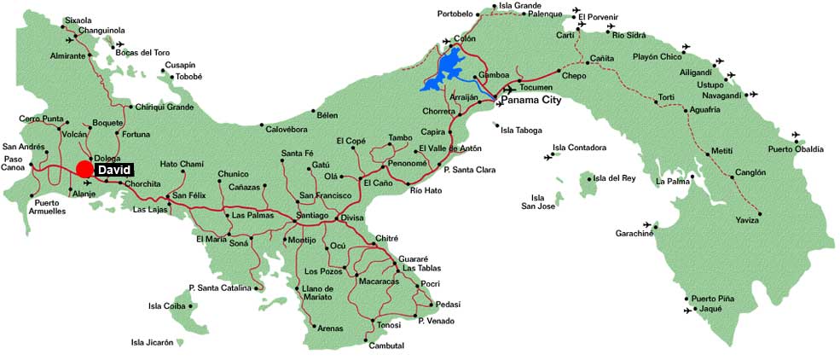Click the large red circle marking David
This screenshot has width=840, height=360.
pos(84,169)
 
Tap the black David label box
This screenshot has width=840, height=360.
pos(113,170)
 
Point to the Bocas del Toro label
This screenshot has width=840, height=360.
pos(151,53)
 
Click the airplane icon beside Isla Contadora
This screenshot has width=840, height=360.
pos(547,157)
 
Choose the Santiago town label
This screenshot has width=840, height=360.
pos(312,216)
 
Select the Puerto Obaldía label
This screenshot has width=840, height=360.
pos(796,149)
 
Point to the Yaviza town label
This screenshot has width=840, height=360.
pos(747,220)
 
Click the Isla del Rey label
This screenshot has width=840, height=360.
pos(615,178)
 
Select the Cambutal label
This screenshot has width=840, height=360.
pos(386,345)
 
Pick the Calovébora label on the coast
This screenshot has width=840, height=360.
pos(286,130)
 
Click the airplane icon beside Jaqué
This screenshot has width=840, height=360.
pos(687,311)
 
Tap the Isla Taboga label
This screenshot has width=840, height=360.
pos(520,131)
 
